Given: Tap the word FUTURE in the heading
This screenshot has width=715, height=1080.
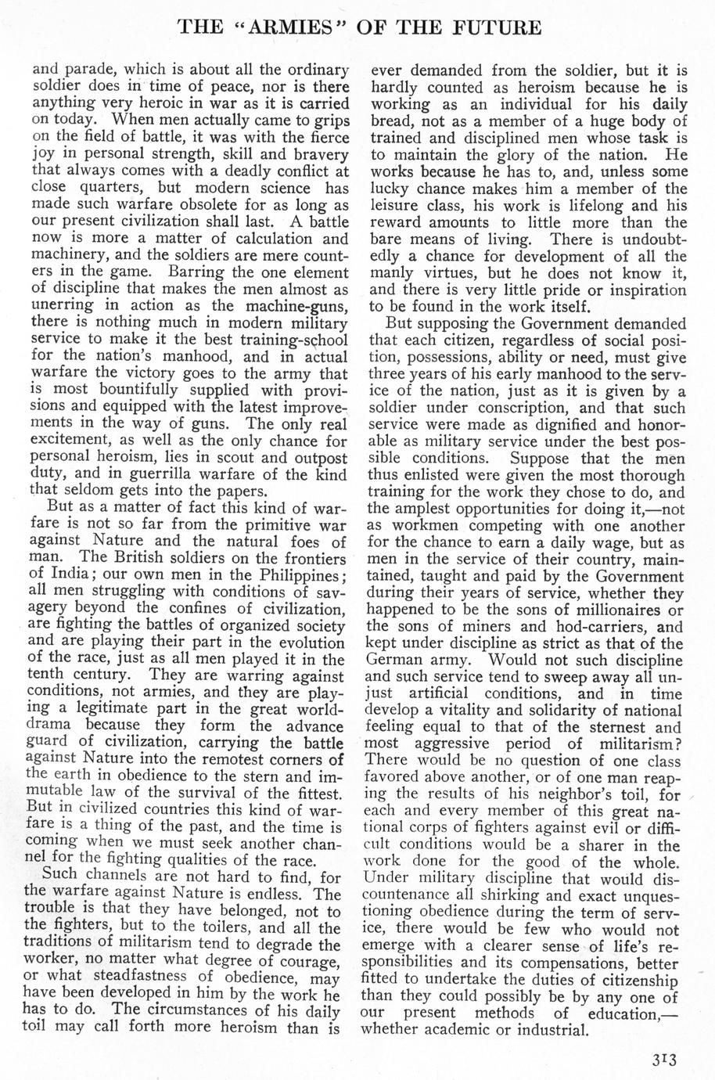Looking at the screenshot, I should point(491,28).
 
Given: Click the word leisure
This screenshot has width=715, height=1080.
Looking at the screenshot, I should point(393,204).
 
